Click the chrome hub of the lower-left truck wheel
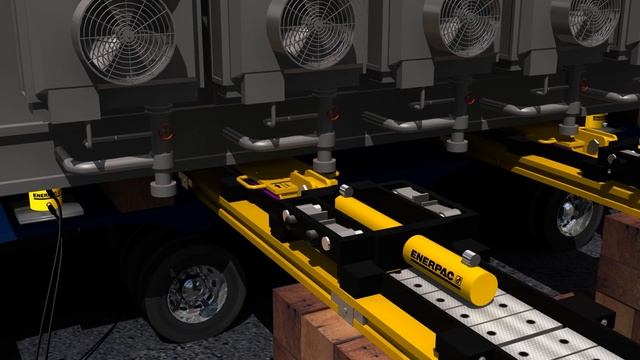click(x=197, y=291)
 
